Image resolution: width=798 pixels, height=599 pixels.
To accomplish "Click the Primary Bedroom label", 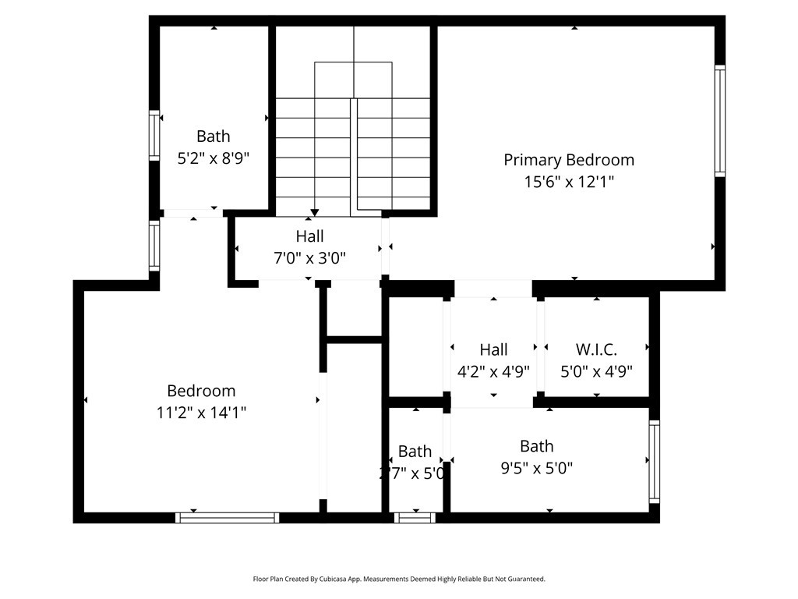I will tap(568, 160).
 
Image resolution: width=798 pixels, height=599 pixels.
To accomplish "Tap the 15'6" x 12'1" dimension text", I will tap(568, 182).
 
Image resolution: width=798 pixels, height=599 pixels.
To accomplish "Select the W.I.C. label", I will tap(596, 349).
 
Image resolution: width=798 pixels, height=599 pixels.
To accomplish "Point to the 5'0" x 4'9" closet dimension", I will tap(596, 371).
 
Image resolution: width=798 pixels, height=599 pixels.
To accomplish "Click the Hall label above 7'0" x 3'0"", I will tap(309, 236).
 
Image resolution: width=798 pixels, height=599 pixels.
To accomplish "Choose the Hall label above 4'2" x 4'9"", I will tap(493, 349).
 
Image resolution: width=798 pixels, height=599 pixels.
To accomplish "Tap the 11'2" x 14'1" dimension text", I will tap(201, 413).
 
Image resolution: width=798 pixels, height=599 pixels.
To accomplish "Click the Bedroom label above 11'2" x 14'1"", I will tap(201, 391).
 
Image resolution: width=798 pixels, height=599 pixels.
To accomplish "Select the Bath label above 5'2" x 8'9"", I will tap(213, 136).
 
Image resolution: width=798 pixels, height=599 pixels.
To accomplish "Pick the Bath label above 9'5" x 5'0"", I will tap(536, 446).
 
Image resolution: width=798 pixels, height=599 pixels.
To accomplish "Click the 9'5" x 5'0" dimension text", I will tap(536, 468).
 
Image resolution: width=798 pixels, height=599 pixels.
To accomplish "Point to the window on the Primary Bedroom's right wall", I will tap(720, 121).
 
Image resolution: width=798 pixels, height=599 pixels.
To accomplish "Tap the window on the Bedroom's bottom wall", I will tap(227, 517).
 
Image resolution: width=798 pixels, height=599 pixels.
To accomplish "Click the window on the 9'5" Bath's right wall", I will tap(654, 462).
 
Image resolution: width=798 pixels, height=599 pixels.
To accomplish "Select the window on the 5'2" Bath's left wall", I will tap(154, 136).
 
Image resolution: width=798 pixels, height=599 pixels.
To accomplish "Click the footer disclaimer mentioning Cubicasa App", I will tap(399, 579).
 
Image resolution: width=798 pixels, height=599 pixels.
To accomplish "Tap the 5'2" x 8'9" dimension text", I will tap(213, 158).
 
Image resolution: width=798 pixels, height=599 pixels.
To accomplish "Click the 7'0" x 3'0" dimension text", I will tap(309, 257).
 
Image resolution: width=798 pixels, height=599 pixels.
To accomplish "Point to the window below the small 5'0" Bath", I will tap(415, 517).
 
